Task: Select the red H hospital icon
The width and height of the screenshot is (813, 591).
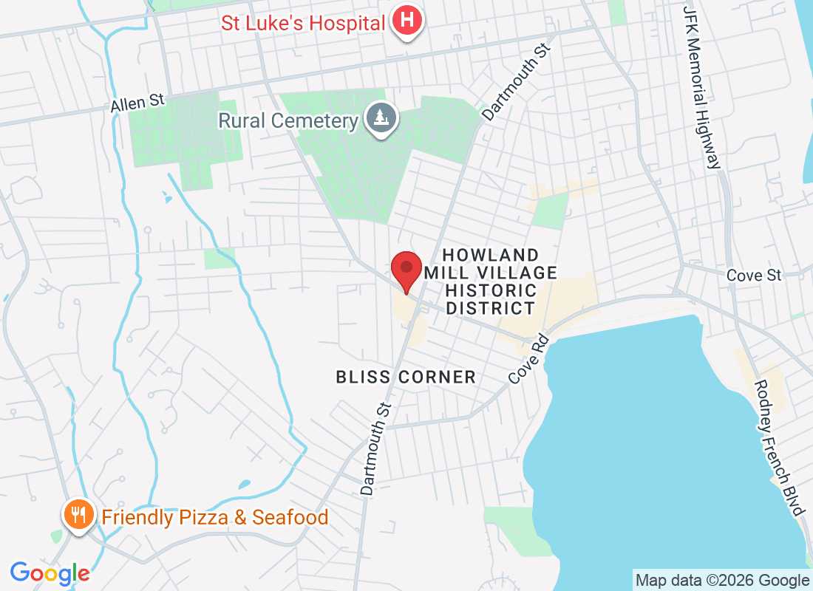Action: pos(406,21)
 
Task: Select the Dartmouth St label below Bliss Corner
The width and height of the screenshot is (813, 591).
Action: pos(375,448)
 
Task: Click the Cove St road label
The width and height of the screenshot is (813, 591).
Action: pos(753,275)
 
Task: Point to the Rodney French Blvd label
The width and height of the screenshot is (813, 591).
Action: pos(778,448)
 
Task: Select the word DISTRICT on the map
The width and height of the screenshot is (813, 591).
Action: pos(490,308)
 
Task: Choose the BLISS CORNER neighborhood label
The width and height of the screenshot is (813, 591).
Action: pos(406,377)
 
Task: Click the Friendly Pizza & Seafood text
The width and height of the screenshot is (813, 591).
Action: pos(214,517)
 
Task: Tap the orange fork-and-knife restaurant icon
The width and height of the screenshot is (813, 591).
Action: pos(78,514)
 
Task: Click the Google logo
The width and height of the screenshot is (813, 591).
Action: pos(50,573)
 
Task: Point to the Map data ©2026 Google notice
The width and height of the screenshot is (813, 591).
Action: pos(722,580)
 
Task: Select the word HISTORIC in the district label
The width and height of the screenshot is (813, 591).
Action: pos(491,290)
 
